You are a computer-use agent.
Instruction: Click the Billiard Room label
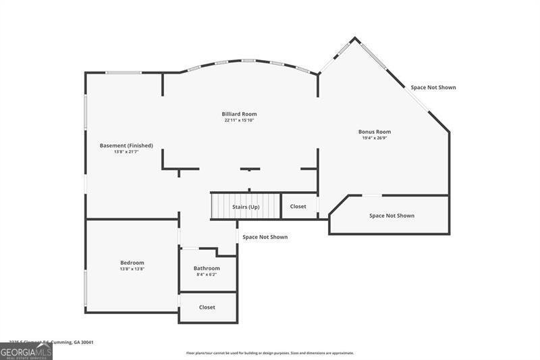point(240,114)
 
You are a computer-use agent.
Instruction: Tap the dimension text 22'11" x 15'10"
point(240,121)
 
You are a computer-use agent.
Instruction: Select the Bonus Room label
point(375,132)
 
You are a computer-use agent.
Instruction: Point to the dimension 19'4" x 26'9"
point(375,138)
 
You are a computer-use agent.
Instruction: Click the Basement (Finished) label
point(126,145)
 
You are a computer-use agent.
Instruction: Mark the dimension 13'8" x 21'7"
point(126,152)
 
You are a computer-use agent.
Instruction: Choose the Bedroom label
point(132,263)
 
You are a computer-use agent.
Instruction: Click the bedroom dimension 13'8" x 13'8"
point(132,269)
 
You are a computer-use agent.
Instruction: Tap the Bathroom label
point(207,268)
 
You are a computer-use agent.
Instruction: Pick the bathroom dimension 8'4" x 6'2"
point(207,275)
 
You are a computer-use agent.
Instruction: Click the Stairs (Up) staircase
point(245,206)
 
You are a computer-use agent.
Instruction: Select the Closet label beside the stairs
point(298,207)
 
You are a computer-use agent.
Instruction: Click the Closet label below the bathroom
point(207,307)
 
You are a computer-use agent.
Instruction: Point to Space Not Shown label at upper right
point(433,87)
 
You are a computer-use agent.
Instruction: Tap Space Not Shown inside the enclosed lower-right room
point(391,216)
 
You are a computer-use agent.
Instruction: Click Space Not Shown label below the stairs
point(265,237)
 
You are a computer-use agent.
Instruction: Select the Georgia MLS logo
point(26,352)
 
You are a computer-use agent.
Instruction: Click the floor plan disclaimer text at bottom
point(270,353)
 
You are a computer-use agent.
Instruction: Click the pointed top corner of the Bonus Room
point(355,38)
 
